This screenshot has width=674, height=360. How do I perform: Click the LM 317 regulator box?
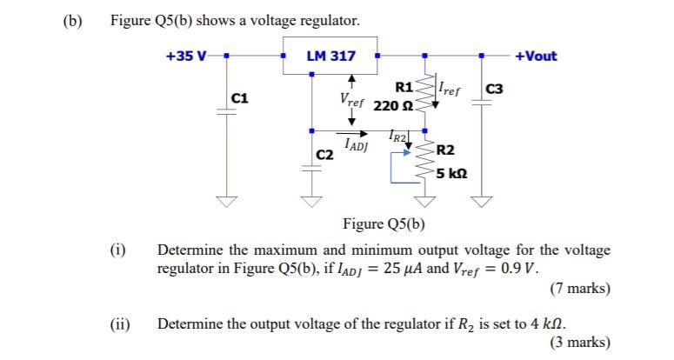[x=330, y=56]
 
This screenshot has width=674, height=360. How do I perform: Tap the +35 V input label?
[x=186, y=57]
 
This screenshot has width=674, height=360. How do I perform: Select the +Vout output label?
[x=536, y=57]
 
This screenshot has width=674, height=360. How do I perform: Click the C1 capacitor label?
[x=241, y=99]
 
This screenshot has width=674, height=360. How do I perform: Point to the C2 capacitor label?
[x=324, y=155]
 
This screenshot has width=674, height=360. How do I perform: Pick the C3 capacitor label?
[x=494, y=90]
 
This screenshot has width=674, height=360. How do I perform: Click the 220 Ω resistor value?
[x=392, y=106]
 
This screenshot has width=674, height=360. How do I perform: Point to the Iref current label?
[x=449, y=87]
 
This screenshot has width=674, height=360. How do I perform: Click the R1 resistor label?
[x=404, y=87]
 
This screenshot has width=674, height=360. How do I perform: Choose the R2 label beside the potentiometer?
[x=445, y=151]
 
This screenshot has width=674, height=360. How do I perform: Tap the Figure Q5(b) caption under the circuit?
[x=384, y=223]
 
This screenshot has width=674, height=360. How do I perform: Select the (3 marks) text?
[x=580, y=342]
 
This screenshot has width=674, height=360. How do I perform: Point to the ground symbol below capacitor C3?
[x=481, y=203]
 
